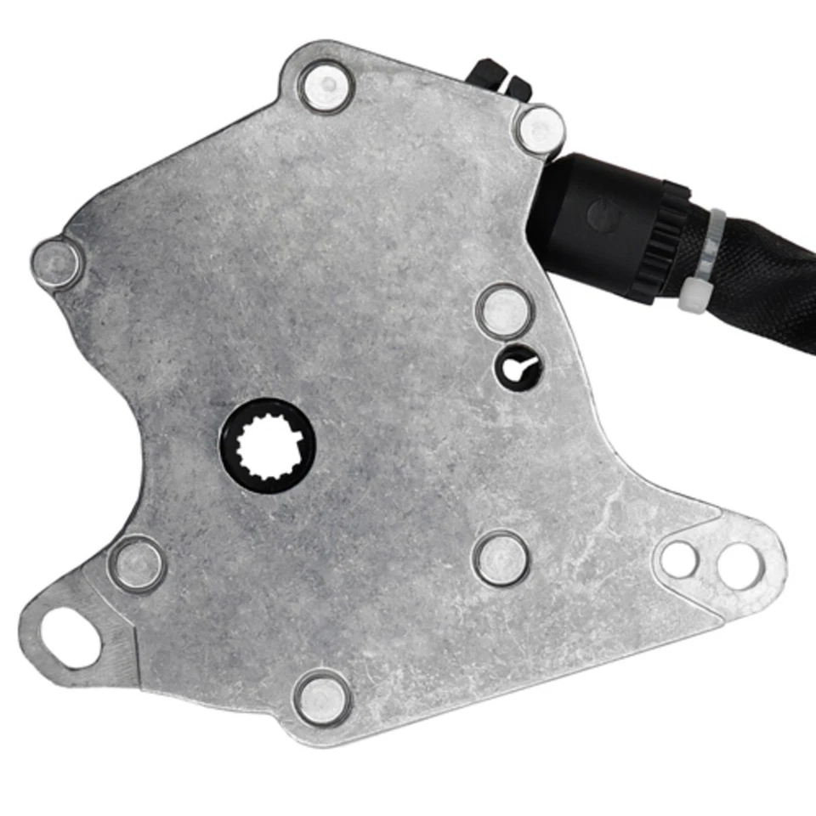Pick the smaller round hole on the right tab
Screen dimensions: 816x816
tap(679, 559)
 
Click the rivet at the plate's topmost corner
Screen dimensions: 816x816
tap(326, 86)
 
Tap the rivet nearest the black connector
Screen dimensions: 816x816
tap(541, 130)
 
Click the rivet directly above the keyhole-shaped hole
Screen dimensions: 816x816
tap(503, 311)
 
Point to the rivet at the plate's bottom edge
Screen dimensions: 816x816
tap(322, 697)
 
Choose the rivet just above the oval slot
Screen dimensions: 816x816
tap(136, 564)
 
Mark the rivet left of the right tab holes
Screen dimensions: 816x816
tap(501, 558)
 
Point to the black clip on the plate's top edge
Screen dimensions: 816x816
tap(499, 78)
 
